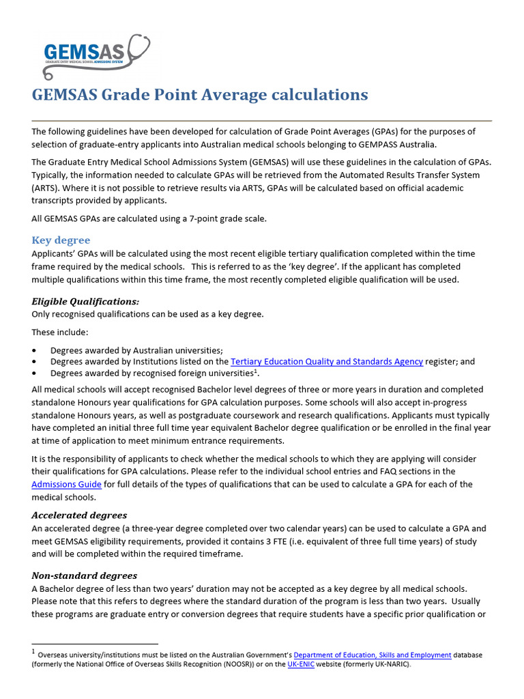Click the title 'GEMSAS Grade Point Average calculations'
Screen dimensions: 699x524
200,94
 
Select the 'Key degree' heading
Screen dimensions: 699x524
61,240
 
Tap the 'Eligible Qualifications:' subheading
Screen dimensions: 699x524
85,301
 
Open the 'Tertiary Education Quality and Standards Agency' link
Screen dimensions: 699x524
327,361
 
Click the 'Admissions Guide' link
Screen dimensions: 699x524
67,484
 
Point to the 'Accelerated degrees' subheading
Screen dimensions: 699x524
79,515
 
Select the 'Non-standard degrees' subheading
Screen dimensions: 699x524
85,575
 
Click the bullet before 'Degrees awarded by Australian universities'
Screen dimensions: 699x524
35,349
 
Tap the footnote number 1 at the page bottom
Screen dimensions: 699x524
34,653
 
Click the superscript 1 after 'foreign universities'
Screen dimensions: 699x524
256,371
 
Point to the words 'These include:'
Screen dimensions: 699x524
60,332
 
